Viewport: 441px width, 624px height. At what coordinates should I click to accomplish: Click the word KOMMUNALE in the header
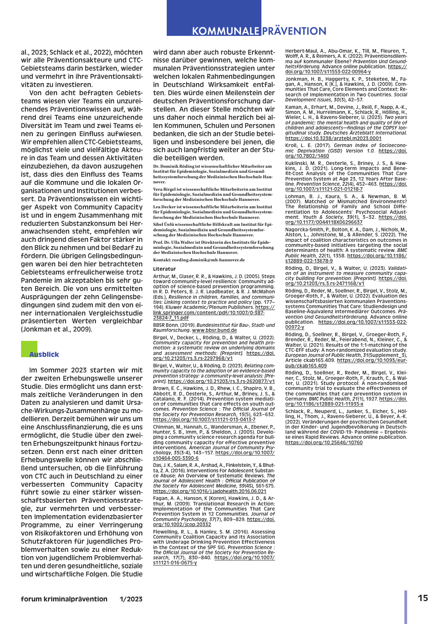(226, 31)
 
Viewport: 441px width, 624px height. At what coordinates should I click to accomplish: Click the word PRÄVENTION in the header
(294, 31)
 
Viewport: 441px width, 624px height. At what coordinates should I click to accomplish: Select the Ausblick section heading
(44, 355)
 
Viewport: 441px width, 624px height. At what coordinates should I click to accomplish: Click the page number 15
(423, 598)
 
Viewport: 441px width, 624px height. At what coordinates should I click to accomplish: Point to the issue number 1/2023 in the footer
(131, 599)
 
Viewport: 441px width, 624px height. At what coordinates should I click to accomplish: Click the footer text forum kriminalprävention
(64, 599)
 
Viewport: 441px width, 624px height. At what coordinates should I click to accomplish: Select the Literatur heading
(164, 269)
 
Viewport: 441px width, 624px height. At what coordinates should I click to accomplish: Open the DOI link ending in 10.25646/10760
(324, 443)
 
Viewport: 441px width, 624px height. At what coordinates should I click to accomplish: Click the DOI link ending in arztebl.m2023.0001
(333, 138)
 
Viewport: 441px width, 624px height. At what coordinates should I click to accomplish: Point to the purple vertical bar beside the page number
(406, 607)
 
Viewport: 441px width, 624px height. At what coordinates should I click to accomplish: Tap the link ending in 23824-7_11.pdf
(171, 318)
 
